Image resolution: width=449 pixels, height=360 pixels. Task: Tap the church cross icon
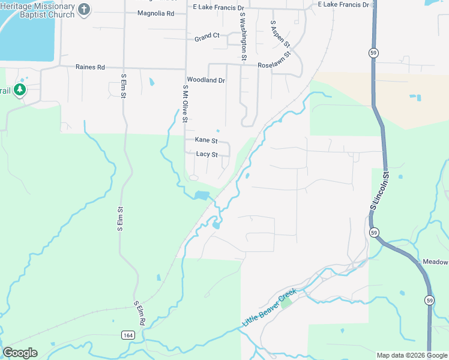pos(84,10)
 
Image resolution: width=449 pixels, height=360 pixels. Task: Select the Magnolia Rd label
pos(155,13)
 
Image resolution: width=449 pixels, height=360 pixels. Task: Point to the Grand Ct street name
pos(207,37)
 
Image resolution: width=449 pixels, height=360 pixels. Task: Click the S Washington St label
pos(243,37)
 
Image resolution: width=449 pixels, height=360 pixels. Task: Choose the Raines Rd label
pos(90,67)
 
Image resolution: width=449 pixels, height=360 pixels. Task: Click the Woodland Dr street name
pos(206,80)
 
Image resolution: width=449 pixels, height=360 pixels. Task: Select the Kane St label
pos(206,140)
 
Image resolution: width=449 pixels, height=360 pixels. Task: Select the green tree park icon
pos(20,90)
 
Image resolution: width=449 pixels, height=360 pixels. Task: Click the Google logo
pos(20,353)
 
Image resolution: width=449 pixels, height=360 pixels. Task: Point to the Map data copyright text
pos(411,355)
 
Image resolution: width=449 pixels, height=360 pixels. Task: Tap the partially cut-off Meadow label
pos(435,262)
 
